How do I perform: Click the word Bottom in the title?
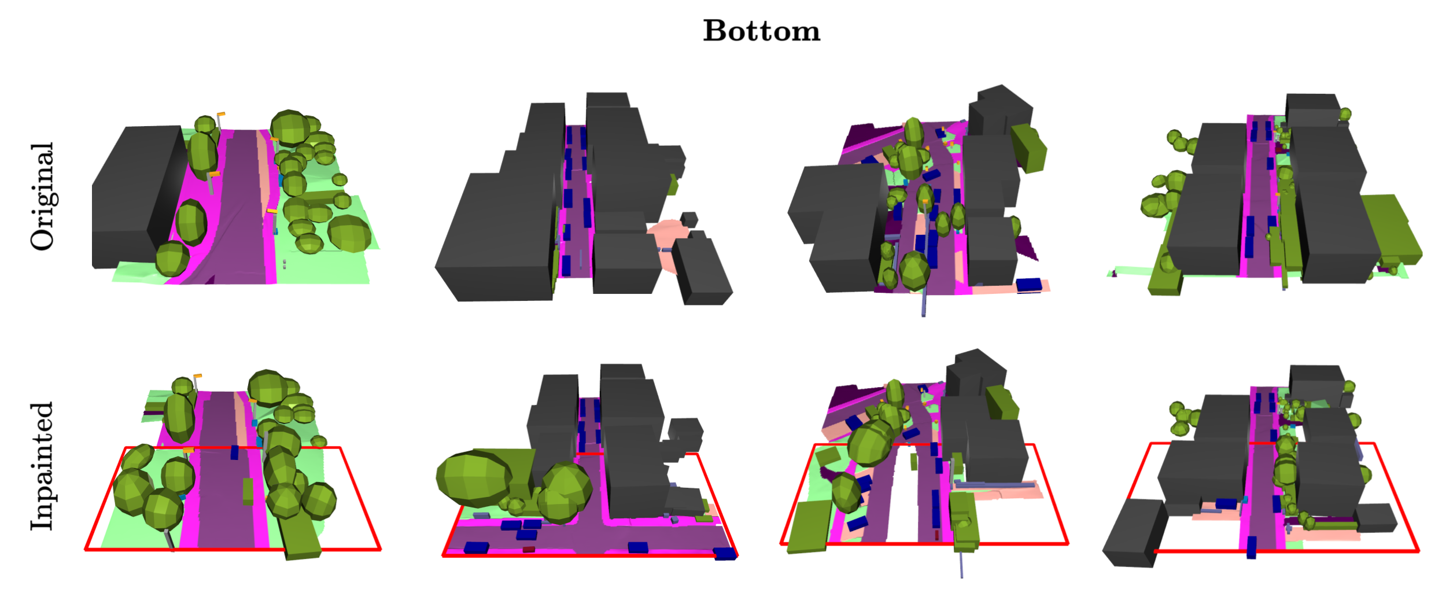(761, 31)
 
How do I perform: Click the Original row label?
(43, 196)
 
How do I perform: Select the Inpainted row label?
(43, 466)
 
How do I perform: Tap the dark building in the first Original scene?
(139, 197)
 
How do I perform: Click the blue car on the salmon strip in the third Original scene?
(1028, 285)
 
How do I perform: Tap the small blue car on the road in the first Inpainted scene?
(234, 452)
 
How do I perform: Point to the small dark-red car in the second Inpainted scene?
(529, 549)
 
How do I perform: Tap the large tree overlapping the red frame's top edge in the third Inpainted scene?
(871, 442)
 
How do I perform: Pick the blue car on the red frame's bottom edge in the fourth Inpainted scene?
(1252, 547)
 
